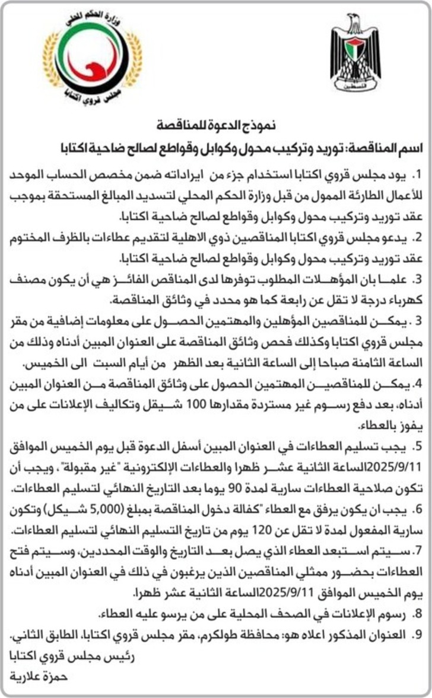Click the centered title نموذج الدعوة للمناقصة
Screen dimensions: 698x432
pos(217,126)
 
